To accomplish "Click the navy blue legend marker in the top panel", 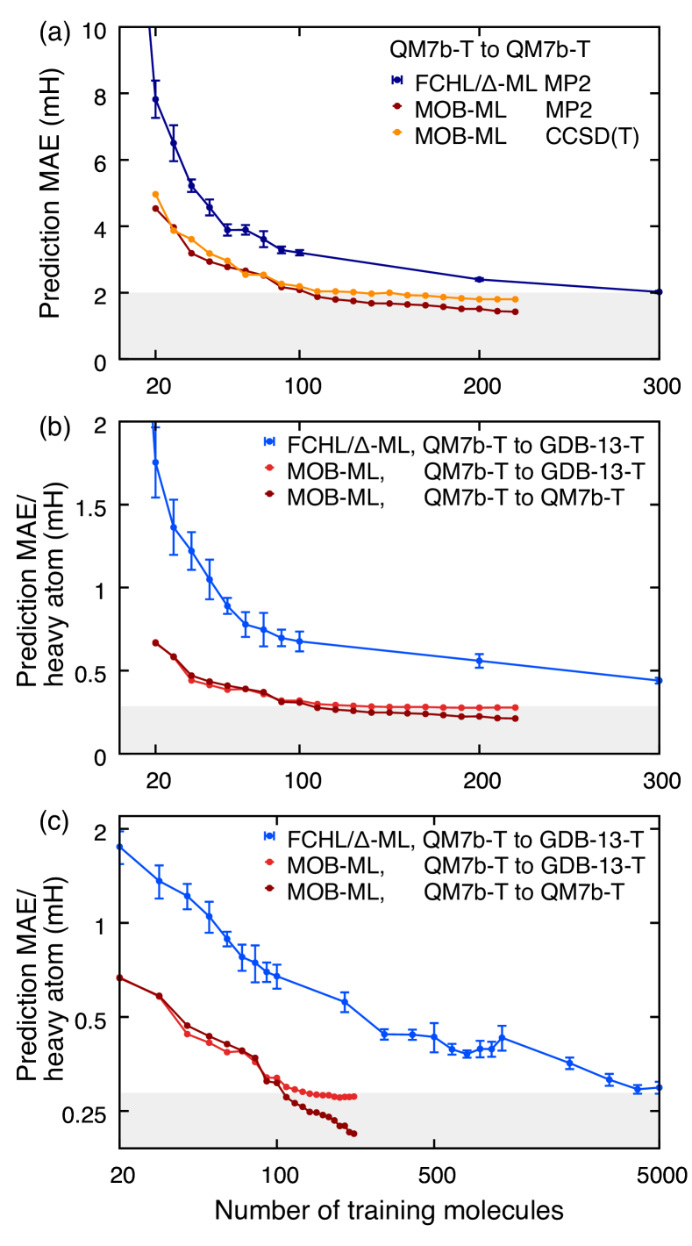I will tap(397, 80).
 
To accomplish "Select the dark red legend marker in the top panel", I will tap(397, 106).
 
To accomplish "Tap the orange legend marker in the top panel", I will tap(397, 132).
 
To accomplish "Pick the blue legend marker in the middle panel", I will tap(269, 441).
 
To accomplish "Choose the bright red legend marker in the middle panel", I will tap(269, 468).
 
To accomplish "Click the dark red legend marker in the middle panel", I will tap(269, 494).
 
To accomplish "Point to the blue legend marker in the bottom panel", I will tap(269, 835).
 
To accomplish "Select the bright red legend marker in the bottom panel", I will tap(269, 862).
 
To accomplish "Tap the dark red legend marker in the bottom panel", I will tap(269, 888).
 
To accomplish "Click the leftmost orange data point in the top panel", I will tap(155, 194).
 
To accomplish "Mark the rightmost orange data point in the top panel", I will tap(515, 299).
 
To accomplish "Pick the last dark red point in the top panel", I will tap(515, 311).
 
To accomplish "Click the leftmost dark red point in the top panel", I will tap(155, 208).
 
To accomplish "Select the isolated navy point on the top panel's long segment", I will tap(479, 279).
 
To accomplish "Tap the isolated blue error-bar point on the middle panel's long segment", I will tap(479, 661).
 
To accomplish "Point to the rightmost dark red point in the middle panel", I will tap(515, 719).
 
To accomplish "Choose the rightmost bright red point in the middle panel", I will tap(515, 707).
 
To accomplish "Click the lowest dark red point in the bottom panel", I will tap(353, 1134).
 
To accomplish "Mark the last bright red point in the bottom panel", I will tap(353, 1096).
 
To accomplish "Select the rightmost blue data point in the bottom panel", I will tap(657, 1087).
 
